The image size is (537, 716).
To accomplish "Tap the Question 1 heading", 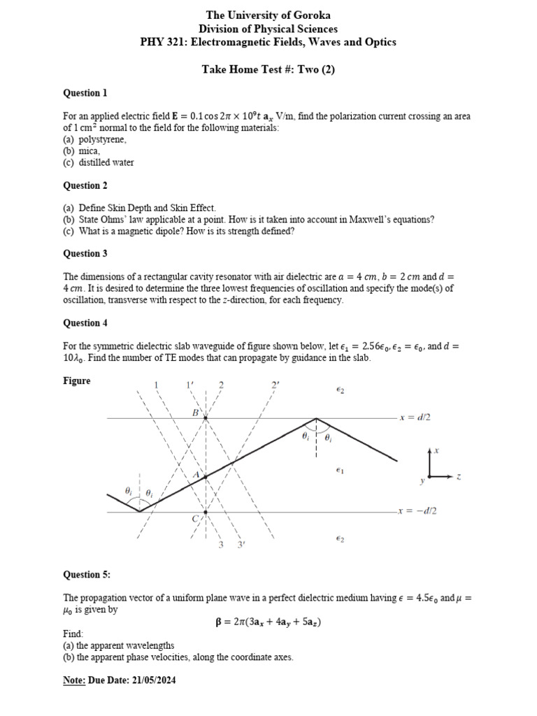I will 85,93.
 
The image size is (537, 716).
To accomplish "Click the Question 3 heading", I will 85,254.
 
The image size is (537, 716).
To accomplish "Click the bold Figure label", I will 77,381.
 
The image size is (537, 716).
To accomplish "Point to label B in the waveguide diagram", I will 195,413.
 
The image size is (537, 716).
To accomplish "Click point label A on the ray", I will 196,475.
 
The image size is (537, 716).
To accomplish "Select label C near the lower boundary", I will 195,518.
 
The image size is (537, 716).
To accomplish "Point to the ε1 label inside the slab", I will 340,471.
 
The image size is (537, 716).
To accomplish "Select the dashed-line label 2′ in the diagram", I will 275,385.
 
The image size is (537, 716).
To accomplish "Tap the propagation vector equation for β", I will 268,622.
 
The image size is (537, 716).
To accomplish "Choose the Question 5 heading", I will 87,575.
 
